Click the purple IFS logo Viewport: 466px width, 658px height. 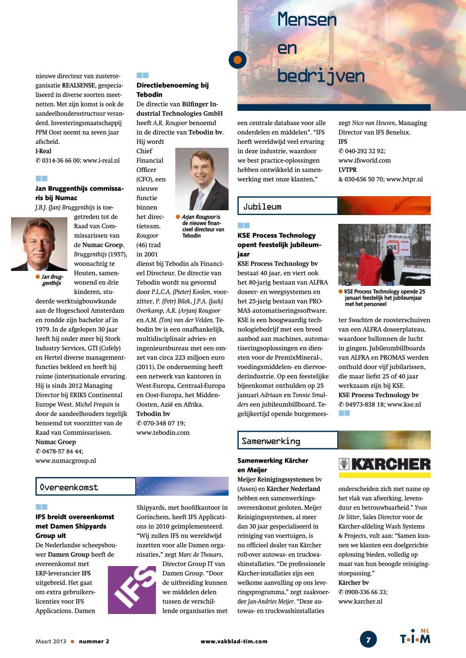coord(132,589)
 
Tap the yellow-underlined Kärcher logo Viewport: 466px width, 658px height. coord(384,467)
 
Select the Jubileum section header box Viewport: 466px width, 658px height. coord(287,206)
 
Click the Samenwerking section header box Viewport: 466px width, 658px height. coord(287,440)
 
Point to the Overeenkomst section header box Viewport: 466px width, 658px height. coord(85,486)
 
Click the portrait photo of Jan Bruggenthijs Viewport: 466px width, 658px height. coord(39,244)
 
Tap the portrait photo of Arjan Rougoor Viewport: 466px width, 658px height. coord(202,179)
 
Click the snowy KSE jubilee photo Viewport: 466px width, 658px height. coord(384,254)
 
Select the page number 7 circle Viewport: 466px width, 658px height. coord(368,639)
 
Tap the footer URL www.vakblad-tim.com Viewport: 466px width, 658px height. coord(234,641)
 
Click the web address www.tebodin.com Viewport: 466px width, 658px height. coord(163,432)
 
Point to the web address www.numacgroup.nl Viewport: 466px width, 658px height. coord(66,461)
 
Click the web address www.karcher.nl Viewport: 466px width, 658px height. coord(360,601)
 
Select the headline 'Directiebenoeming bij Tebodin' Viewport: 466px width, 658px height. coord(172,90)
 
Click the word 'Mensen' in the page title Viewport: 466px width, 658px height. coord(307,20)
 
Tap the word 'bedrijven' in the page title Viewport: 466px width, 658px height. coord(321,77)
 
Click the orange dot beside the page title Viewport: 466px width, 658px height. coord(237,59)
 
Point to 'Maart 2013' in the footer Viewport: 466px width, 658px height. coord(51,641)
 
